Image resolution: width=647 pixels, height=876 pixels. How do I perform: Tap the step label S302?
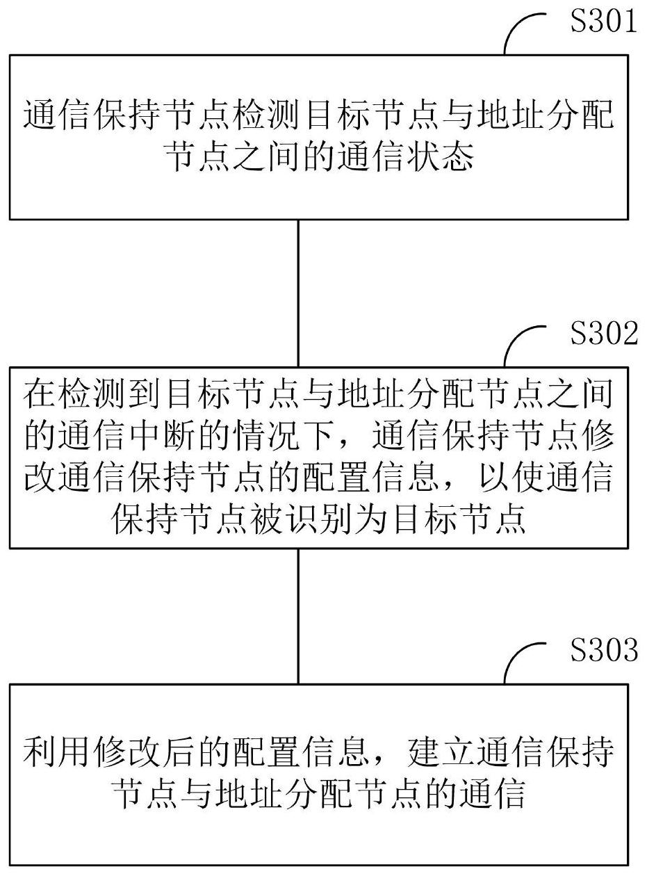pyautogui.click(x=604, y=333)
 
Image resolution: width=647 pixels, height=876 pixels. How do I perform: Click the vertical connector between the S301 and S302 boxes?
pyautogui.click(x=298, y=293)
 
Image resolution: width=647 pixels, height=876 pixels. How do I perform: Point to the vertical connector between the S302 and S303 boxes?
pyautogui.click(x=298, y=616)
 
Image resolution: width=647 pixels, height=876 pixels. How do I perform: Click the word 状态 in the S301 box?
pyautogui.click(x=440, y=157)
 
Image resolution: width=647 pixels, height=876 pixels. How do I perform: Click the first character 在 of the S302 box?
pyautogui.click(x=39, y=394)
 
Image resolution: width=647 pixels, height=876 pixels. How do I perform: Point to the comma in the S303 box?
pyautogui.click(x=376, y=761)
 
